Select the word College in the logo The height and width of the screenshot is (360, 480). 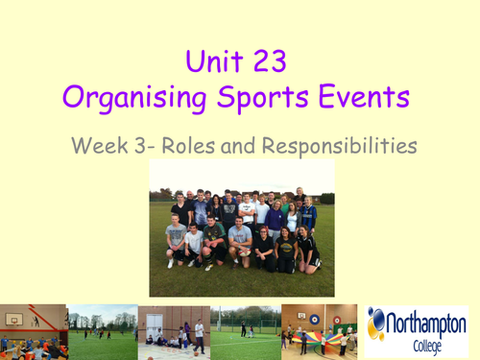pyautogui.click(x=425, y=342)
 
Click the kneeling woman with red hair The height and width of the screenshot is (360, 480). pyautogui.click(x=286, y=248)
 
